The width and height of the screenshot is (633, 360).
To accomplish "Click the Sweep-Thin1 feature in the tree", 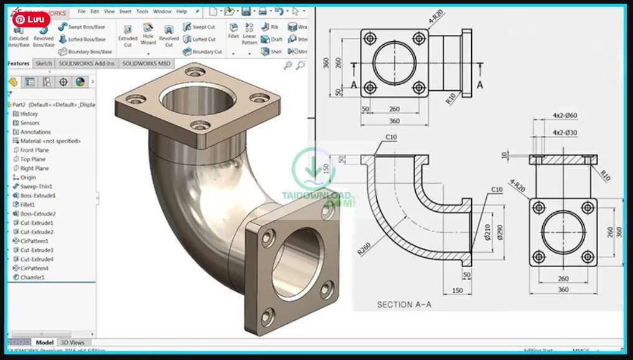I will coord(36,186).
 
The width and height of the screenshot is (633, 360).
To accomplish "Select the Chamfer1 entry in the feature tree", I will coord(32,277).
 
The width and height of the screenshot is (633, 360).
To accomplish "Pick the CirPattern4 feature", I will coord(34,268).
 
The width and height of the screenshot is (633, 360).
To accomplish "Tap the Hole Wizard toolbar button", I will coord(148,35).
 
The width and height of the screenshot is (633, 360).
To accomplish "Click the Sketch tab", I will coord(44,64).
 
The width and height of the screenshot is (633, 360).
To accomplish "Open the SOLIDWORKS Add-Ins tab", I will coord(87,64).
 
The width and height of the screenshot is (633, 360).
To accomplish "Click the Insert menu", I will coord(125,11).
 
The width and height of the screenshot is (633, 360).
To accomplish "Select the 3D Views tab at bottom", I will coord(72,343).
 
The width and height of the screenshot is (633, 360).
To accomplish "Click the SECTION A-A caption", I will coord(404,305).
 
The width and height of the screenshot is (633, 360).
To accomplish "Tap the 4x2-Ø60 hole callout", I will coord(565,115).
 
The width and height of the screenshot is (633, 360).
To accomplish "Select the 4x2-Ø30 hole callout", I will coord(565,133).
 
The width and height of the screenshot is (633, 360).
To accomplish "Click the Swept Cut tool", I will coord(199,27).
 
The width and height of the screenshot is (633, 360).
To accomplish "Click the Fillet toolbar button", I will coord(233,31).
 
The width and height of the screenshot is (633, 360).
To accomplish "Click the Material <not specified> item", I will coord(50,141).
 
